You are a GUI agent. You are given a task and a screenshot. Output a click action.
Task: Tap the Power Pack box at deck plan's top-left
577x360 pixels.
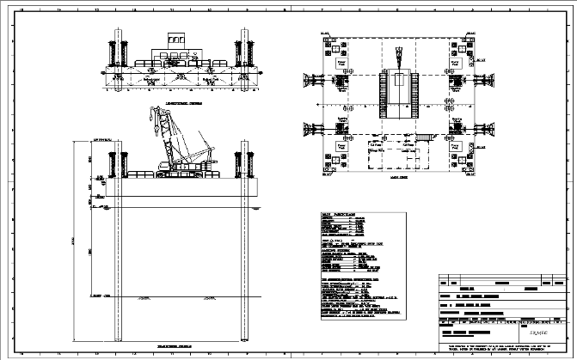click(343, 64)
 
